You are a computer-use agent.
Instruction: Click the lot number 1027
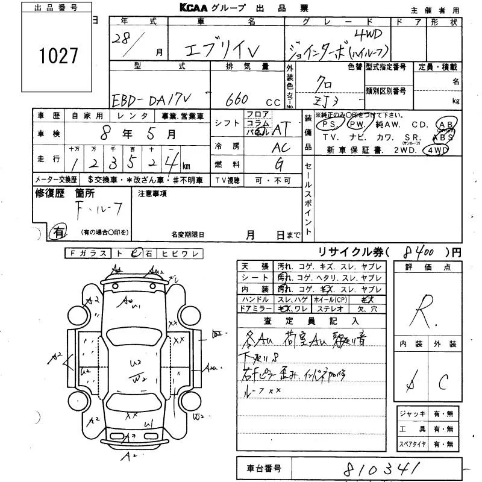(x=58, y=56)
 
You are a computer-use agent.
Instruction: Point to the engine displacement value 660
(x=239, y=100)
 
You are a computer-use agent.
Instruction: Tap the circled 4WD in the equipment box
(x=437, y=149)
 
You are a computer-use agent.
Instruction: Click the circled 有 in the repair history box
(x=59, y=231)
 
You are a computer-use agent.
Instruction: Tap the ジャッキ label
(x=413, y=414)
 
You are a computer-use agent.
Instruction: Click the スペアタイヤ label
(x=413, y=445)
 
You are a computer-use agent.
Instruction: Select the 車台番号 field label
(x=263, y=467)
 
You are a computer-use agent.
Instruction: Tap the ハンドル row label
(x=255, y=299)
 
